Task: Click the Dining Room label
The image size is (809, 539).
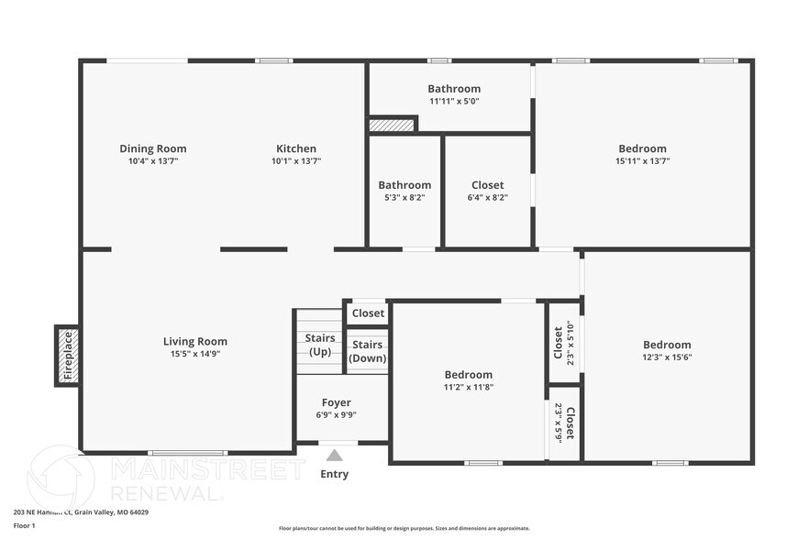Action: (152, 148)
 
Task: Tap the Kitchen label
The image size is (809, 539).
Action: (296, 148)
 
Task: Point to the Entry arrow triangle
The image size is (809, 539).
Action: (335, 456)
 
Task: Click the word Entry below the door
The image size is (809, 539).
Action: (335, 474)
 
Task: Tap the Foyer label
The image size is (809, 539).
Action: (336, 402)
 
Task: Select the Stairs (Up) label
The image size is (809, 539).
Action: (319, 345)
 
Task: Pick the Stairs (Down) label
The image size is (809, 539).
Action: (368, 351)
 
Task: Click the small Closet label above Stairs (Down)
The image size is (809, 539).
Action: (368, 313)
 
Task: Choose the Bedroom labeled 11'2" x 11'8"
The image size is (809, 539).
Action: (468, 375)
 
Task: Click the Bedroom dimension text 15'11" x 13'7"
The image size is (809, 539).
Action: (642, 161)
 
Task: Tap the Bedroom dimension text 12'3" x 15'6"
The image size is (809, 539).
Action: (666, 357)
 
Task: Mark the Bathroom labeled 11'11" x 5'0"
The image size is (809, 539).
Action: (453, 89)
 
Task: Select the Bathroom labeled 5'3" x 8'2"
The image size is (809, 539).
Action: (404, 185)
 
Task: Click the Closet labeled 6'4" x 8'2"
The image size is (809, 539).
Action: (487, 185)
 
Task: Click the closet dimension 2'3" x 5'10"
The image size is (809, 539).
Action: (571, 342)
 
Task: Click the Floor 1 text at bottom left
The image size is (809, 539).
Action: (24, 525)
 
